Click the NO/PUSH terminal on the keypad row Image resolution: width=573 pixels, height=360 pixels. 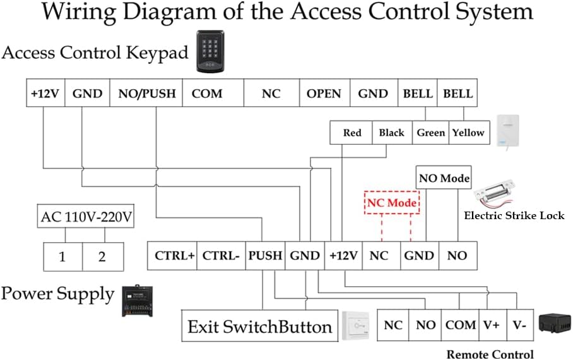point(146,93)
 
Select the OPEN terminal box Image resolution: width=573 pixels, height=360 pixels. point(324,93)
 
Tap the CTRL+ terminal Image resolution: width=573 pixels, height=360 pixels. point(172,256)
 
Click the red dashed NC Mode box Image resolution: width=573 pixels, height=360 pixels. point(393,203)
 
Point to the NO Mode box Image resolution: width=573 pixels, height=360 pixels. point(444,178)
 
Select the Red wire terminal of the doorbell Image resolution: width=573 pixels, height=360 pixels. point(351,133)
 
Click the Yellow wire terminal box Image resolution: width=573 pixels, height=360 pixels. point(468,133)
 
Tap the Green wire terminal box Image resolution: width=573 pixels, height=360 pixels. point(431,133)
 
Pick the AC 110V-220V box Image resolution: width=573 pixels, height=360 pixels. point(86,217)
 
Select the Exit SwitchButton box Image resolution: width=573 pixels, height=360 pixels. point(259,327)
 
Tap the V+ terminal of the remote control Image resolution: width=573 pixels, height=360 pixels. point(492,325)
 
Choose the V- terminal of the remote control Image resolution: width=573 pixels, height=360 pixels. point(519,325)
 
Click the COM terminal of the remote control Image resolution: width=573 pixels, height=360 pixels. point(460,325)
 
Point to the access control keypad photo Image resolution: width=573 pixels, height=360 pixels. point(212,50)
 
